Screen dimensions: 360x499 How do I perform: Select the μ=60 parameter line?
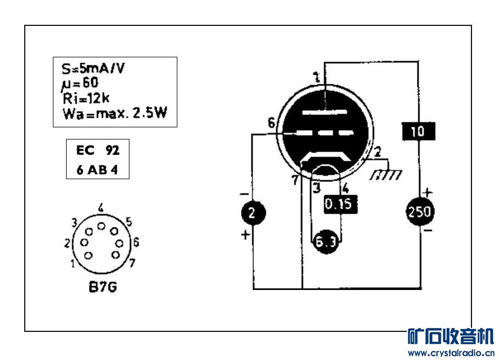pos(80,84)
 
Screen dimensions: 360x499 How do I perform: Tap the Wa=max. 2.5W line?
pos(115,113)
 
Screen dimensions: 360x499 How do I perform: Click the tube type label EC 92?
pos(97,150)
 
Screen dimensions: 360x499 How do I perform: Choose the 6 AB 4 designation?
pos(97,169)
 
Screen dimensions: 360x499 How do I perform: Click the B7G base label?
pos(102,287)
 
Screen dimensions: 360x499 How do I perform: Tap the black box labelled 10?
pos(418,131)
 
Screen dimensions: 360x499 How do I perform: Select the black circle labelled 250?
pos(420,212)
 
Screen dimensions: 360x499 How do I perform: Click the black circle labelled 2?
pos(252,213)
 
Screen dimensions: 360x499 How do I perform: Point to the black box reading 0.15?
pos(340,204)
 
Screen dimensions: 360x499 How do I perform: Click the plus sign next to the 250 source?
pos(428,192)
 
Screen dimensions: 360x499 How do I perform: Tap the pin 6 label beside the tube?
pos(271,124)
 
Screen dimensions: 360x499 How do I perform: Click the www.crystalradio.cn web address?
pos(451,353)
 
